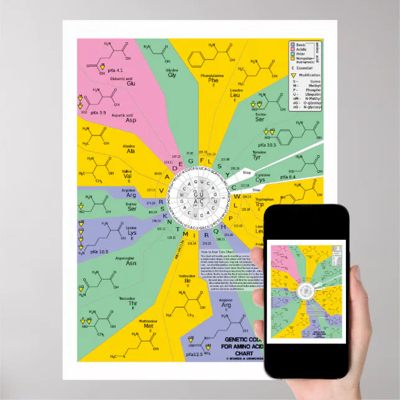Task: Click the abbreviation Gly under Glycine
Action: click(172, 75)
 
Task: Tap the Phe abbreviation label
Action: click(213, 80)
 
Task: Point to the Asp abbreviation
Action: click(131, 120)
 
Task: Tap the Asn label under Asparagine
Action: click(131, 263)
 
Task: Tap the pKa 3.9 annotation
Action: click(98, 112)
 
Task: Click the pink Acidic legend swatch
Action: click(293, 50)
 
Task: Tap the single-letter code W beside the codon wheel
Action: click(237, 198)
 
